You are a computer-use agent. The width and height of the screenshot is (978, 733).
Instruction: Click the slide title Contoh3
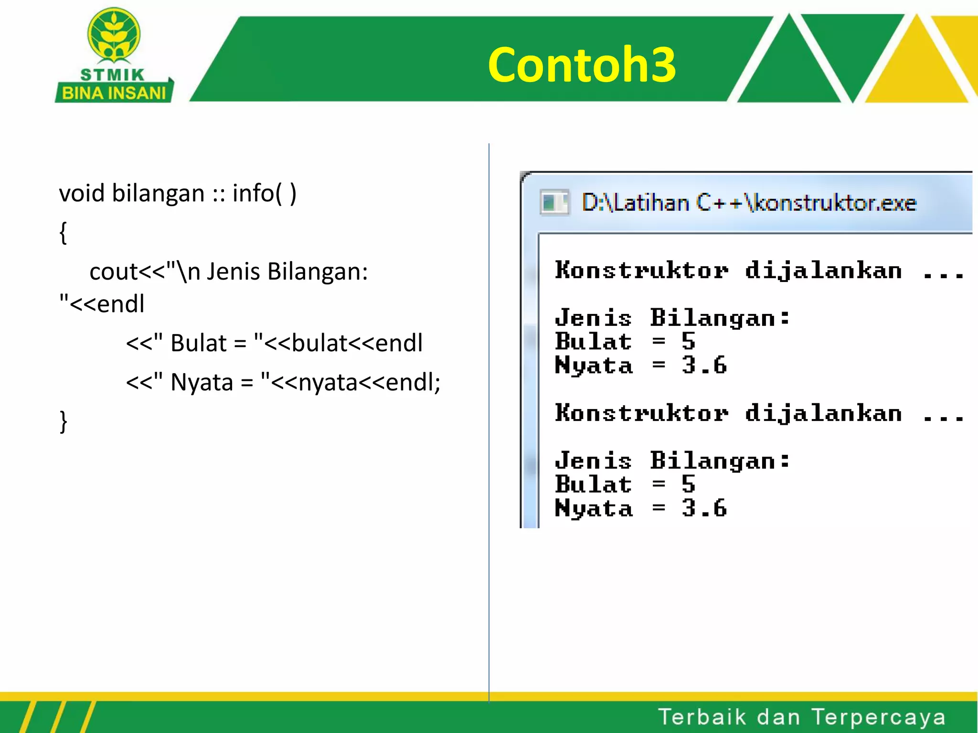(582, 65)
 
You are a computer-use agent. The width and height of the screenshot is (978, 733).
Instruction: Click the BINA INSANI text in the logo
(114, 93)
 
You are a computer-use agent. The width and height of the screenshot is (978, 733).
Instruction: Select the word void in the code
(82, 194)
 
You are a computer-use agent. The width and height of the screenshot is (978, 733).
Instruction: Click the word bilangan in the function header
(158, 194)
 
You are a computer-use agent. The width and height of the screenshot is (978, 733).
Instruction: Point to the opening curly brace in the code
(63, 233)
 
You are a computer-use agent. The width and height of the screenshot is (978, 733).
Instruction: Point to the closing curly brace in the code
(63, 421)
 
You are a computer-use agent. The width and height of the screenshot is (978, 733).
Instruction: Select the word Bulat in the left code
(198, 343)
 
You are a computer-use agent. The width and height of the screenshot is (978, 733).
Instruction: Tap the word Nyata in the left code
(202, 382)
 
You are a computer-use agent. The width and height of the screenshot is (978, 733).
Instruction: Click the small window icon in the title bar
(554, 202)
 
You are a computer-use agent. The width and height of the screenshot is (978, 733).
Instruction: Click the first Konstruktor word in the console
(641, 271)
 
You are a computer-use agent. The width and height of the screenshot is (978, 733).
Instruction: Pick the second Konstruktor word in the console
(641, 413)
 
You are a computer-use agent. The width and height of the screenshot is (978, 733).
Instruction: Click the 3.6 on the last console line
(704, 508)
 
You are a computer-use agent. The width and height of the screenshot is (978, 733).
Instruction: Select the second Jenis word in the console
(593, 461)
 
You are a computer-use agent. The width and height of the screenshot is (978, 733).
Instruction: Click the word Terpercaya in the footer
(878, 717)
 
